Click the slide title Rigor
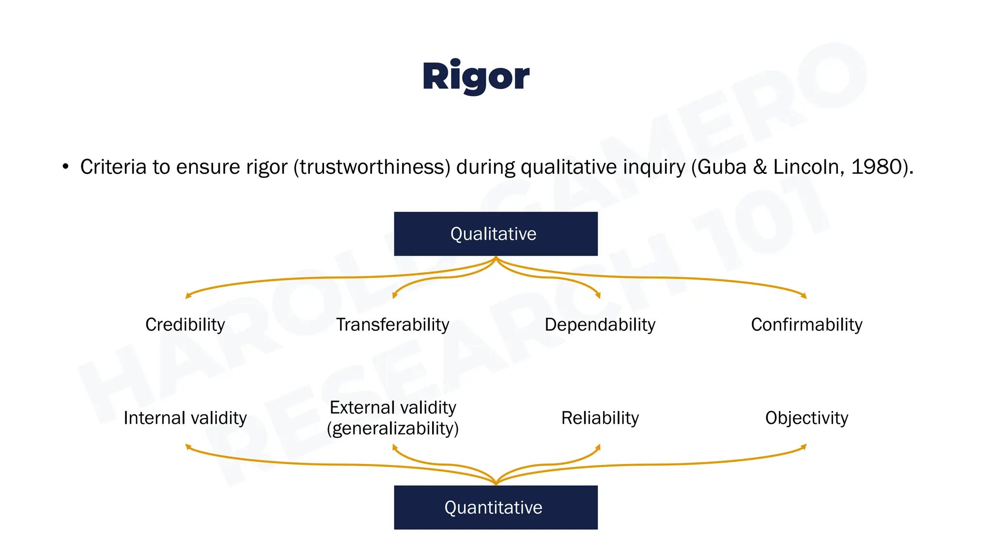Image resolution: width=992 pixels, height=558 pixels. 476,77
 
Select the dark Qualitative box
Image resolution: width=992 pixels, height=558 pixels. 495,234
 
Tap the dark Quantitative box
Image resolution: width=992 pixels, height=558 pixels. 495,507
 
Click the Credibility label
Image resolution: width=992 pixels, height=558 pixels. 185,325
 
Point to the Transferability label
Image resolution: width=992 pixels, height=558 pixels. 392,325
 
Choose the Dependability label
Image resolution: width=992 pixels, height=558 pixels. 600,325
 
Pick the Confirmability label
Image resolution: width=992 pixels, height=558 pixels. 806,325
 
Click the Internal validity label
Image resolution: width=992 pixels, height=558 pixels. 185,418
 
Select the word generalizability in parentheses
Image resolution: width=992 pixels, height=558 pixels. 392,429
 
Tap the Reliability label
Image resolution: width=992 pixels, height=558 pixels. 600,418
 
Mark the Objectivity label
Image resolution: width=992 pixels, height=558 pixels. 806,418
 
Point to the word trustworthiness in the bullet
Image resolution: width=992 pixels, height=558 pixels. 372,167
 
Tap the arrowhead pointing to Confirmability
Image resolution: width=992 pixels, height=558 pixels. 804,295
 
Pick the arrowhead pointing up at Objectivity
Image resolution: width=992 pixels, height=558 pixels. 804,447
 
